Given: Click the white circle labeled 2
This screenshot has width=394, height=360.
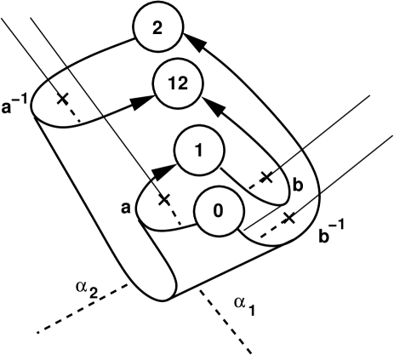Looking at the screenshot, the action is point(157,28).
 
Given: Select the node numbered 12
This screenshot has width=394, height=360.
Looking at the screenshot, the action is point(178,83).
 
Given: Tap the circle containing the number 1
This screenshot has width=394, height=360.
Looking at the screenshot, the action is point(198,151).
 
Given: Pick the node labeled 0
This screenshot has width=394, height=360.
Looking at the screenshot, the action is point(219,211).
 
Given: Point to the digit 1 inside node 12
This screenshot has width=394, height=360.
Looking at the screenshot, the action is point(174,83).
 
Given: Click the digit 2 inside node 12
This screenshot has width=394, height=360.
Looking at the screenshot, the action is point(182,83).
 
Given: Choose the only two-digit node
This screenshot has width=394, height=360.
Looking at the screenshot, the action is point(178,83).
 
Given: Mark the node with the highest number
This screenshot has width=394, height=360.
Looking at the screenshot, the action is point(178,83).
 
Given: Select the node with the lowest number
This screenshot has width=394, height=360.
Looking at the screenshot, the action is point(219,211).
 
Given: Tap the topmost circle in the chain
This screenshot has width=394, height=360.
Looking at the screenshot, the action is point(157,28).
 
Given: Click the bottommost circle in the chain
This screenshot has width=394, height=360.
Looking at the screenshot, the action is point(219,211).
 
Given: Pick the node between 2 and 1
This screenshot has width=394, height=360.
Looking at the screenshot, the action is point(178,83).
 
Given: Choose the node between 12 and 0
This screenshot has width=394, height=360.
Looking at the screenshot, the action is point(198,151).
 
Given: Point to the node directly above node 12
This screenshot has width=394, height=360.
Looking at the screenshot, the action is point(157,28).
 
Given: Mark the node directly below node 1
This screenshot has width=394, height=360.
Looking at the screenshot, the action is point(219,211).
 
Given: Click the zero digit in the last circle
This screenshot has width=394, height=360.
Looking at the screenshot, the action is point(219,211).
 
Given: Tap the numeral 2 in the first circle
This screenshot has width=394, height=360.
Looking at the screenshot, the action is point(157,28).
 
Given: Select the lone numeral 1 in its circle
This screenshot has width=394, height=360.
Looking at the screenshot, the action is point(198,151).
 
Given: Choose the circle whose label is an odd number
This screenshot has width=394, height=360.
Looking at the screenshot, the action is point(198,151).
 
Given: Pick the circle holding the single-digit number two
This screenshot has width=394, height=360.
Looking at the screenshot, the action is point(157,28).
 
